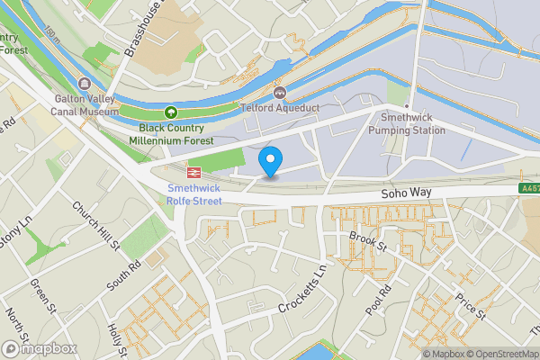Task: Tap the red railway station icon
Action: pyautogui.click(x=193, y=171)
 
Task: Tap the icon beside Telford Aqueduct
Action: pyautogui.click(x=280, y=92)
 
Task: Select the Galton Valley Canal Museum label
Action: pyautogui.click(x=85, y=104)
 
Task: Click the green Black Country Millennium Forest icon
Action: pyautogui.click(x=171, y=112)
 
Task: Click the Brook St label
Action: pyautogui.click(x=367, y=243)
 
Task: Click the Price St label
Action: pyautogui.click(x=470, y=306)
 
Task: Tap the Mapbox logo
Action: pyautogui.click(x=38, y=348)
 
